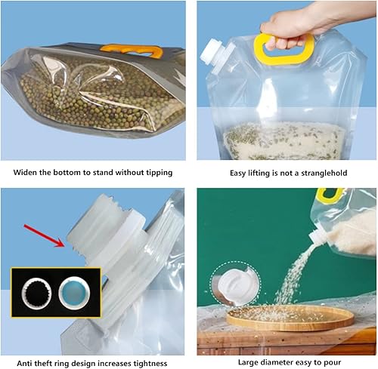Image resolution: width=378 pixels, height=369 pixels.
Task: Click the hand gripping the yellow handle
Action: coord(295,26)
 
